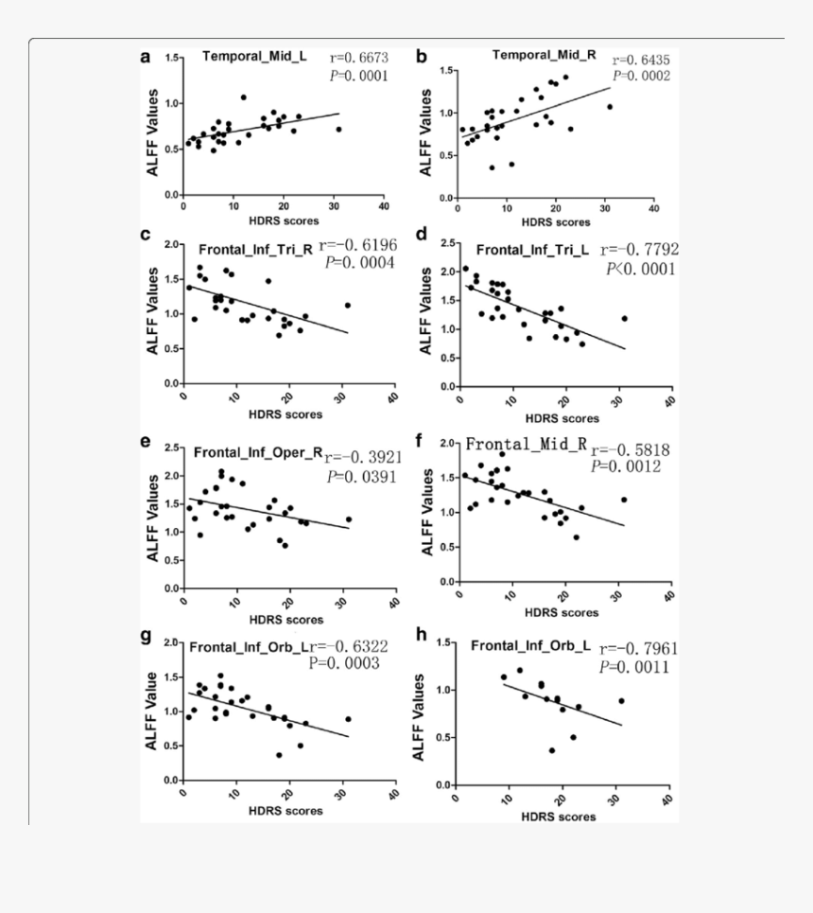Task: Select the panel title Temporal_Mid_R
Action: [x=544, y=55]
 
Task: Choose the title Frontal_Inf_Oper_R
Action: [x=257, y=452]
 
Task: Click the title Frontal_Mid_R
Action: [x=527, y=445]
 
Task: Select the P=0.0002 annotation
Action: [x=641, y=76]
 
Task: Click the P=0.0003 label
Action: [x=344, y=664]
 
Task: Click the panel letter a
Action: [x=146, y=57]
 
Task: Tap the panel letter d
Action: [x=423, y=234]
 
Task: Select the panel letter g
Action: [x=146, y=635]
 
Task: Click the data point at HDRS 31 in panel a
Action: [x=338, y=130]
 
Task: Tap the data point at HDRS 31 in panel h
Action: [x=621, y=701]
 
